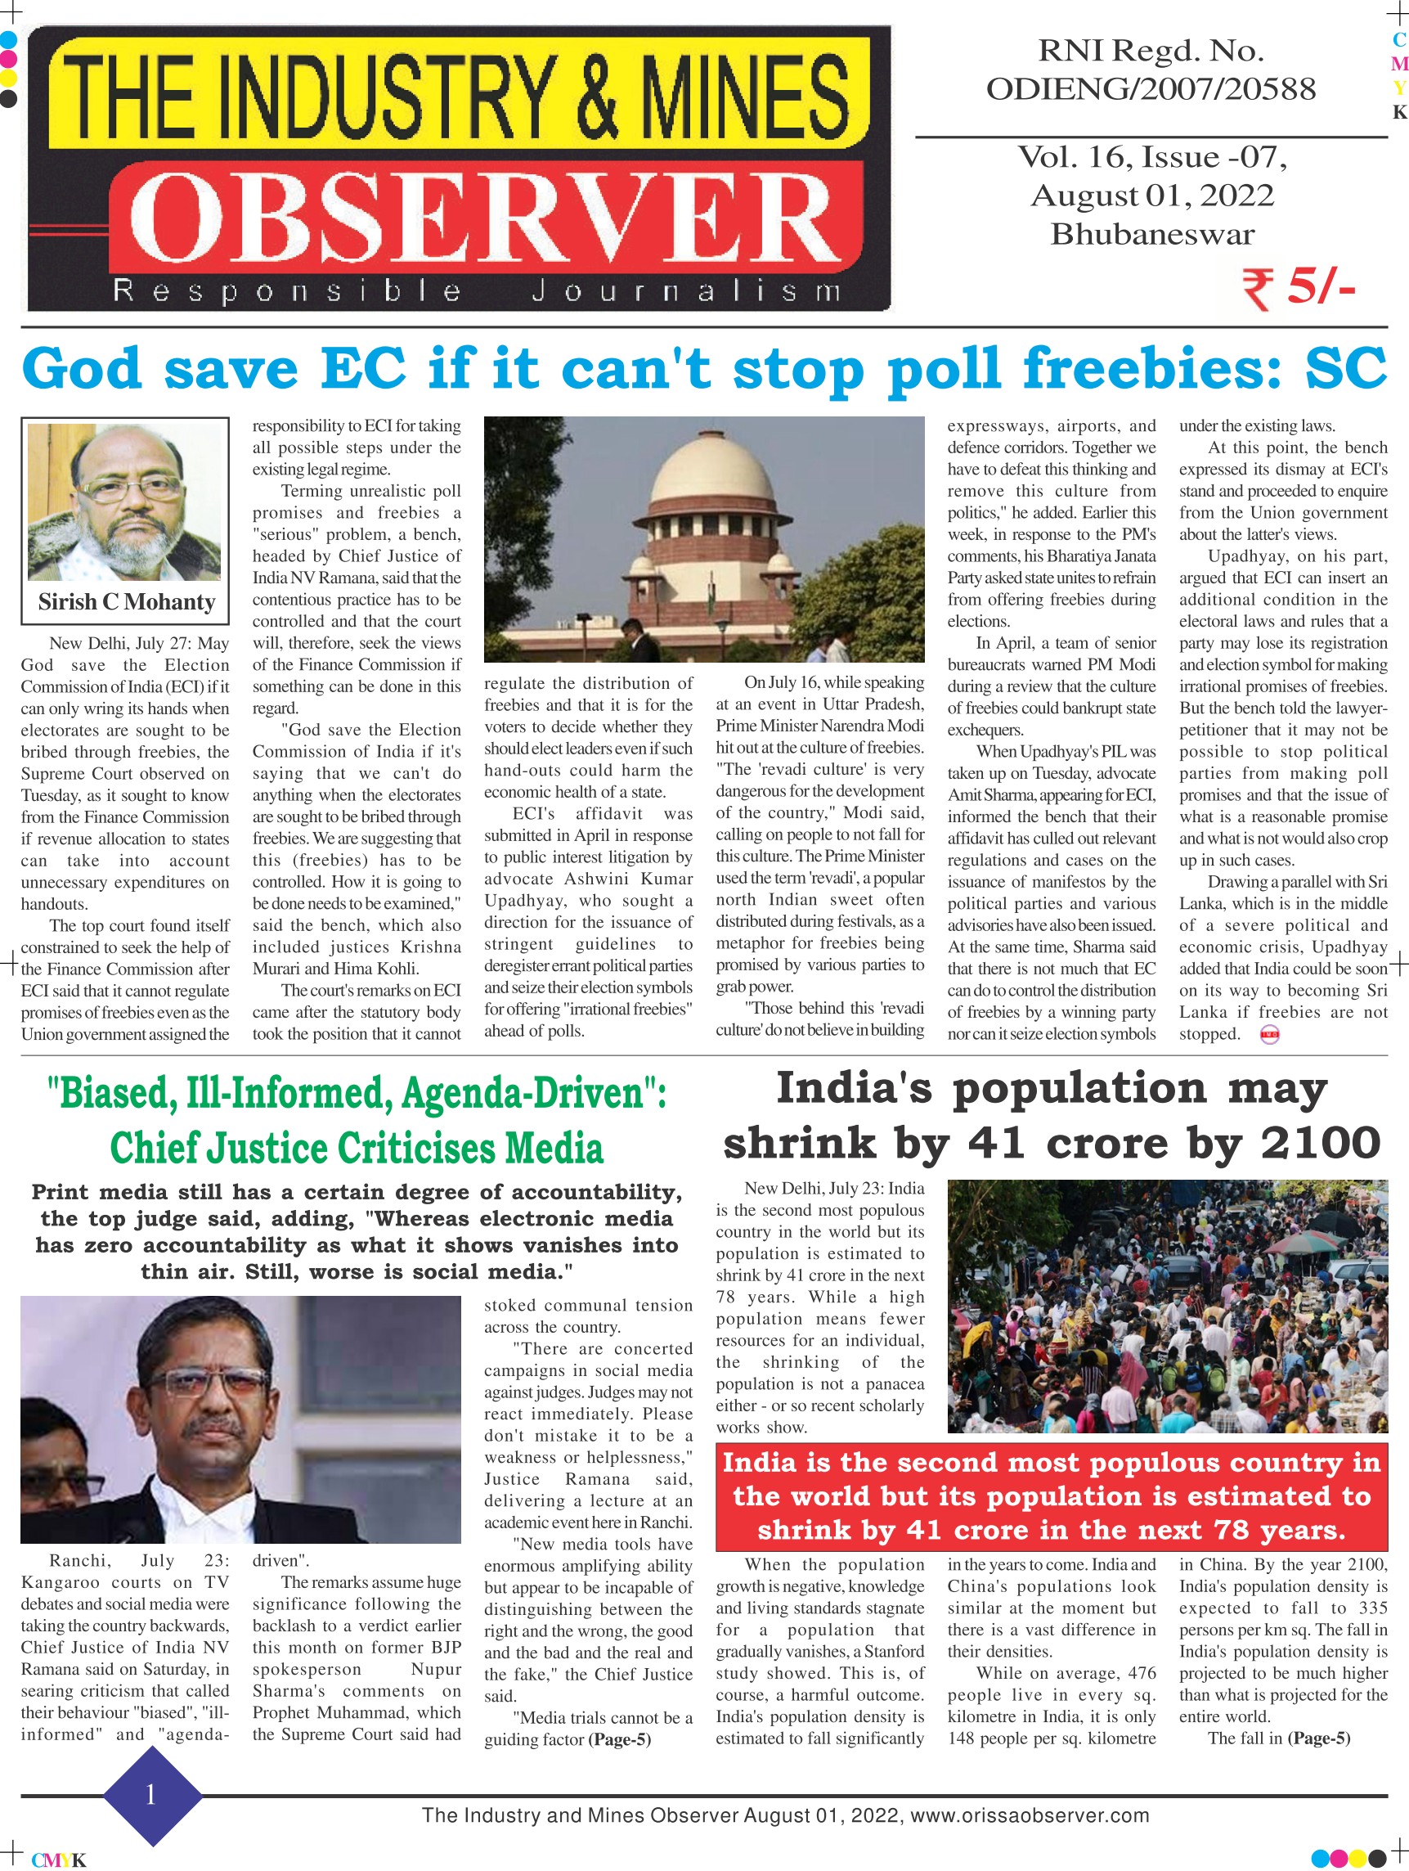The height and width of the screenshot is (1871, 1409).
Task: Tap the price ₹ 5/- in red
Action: pos(1299,289)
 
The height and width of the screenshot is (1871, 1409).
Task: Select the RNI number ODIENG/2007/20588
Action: pos(1151,89)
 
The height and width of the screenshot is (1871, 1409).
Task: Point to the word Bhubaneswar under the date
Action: pos(1152,234)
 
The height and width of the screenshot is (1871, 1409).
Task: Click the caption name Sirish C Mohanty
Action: pos(126,602)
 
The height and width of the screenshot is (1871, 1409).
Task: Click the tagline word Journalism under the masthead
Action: pos(686,292)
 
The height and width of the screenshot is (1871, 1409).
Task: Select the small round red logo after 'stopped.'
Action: pos(1269,1036)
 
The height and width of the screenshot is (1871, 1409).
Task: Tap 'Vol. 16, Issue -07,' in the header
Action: pos(1151,157)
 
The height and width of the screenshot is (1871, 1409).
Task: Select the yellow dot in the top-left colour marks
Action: pos(8,79)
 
